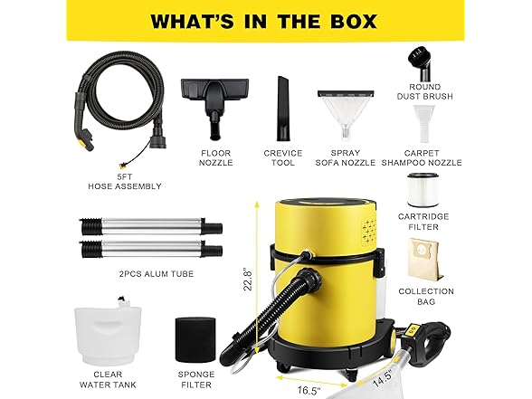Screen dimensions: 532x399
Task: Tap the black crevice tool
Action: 283,109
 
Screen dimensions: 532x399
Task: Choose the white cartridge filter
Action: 423,191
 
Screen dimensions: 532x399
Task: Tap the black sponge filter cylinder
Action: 195,340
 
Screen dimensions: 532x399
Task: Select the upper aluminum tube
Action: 151,226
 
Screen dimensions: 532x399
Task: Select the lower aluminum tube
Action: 151,250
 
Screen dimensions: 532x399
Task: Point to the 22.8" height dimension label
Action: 248,280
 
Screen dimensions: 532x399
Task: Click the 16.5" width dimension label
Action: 309,391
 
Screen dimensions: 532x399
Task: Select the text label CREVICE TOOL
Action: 283,157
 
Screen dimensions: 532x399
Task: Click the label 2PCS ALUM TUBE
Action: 157,274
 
